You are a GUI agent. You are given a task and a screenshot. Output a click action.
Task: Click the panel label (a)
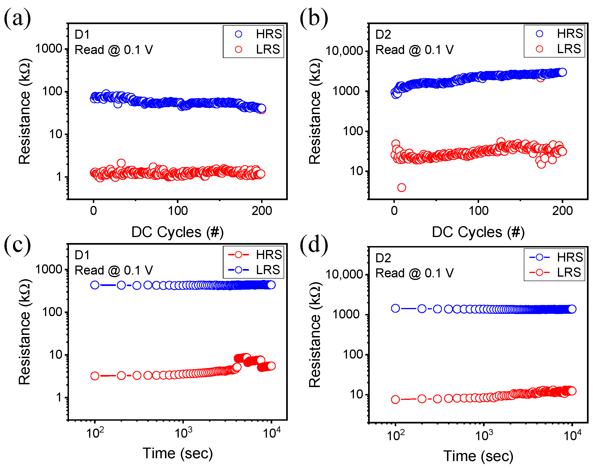coord(17,18)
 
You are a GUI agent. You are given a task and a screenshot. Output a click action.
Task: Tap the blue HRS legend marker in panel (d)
coord(539,257)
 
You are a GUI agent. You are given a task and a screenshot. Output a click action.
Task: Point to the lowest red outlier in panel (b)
coord(401,188)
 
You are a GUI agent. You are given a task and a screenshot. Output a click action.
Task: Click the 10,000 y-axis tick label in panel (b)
coord(344,51)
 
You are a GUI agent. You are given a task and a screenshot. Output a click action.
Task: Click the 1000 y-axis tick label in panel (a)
coord(49,49)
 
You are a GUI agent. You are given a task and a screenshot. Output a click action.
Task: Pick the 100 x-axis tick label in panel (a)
coord(178,211)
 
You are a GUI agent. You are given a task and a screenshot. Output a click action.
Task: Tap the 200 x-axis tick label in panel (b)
coord(562,211)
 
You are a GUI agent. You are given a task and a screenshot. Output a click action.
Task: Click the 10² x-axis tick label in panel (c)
coord(95,433)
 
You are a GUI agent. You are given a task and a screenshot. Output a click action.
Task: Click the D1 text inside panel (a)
coord(82,35)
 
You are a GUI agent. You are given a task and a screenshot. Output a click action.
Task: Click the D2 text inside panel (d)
coord(383,258)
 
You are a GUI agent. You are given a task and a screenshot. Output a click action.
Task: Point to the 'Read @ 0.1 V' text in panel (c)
coord(113,270)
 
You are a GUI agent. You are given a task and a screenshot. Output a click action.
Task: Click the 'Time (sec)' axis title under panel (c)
coord(177,453)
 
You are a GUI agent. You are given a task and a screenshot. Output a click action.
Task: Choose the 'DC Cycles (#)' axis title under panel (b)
coord(478,232)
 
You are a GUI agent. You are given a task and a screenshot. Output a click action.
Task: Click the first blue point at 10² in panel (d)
coord(395,308)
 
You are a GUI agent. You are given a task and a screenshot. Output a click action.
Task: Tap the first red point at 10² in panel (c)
coord(95,376)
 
